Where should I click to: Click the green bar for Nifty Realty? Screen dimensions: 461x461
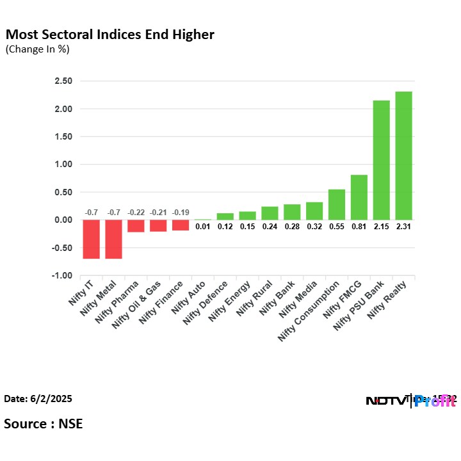[403, 156]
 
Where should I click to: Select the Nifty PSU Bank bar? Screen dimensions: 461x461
[381, 160]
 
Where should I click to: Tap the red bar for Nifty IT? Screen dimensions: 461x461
[91, 239]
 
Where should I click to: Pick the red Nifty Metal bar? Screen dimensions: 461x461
[113, 239]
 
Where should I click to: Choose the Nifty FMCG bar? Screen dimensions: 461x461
[359, 197]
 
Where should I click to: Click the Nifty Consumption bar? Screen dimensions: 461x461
[337, 204]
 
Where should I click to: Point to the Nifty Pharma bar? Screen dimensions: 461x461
[136, 225]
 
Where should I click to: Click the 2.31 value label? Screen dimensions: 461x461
[403, 227]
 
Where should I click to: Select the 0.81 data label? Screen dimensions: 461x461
[359, 227]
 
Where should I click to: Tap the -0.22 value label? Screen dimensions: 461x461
[136, 213]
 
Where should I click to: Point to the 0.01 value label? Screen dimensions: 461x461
[203, 227]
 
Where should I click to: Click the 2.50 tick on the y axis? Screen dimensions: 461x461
[63, 81]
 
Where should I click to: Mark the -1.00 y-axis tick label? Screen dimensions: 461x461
[62, 275]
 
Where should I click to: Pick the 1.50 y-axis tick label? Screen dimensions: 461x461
[63, 136]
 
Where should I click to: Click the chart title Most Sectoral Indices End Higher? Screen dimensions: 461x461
[109, 34]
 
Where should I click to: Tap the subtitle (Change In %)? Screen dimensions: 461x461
[38, 49]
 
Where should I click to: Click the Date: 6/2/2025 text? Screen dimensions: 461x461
[38, 399]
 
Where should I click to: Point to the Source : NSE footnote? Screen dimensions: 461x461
[44, 423]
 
